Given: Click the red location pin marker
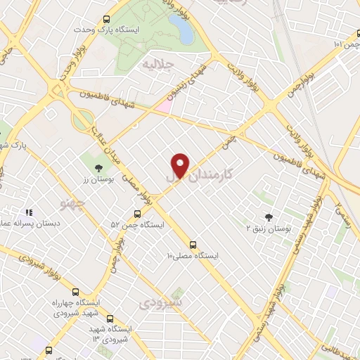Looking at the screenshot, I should (181, 166).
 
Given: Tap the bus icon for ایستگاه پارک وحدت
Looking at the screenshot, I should (106, 20).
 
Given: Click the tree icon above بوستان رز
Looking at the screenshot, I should (98, 167).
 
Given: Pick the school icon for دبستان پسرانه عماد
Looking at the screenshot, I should (29, 212).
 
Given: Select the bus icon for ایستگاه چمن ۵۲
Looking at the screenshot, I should (137, 214).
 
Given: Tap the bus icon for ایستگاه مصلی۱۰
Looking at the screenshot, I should (193, 245).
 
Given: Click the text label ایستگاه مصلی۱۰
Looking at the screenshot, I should (192, 257).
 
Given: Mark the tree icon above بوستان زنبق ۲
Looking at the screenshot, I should (268, 217).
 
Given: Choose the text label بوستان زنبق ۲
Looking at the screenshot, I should (268, 229).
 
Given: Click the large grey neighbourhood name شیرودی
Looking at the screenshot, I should (161, 302).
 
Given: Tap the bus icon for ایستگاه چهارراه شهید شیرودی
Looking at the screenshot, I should (75, 291).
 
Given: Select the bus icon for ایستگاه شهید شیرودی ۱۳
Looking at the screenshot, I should (108, 318).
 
